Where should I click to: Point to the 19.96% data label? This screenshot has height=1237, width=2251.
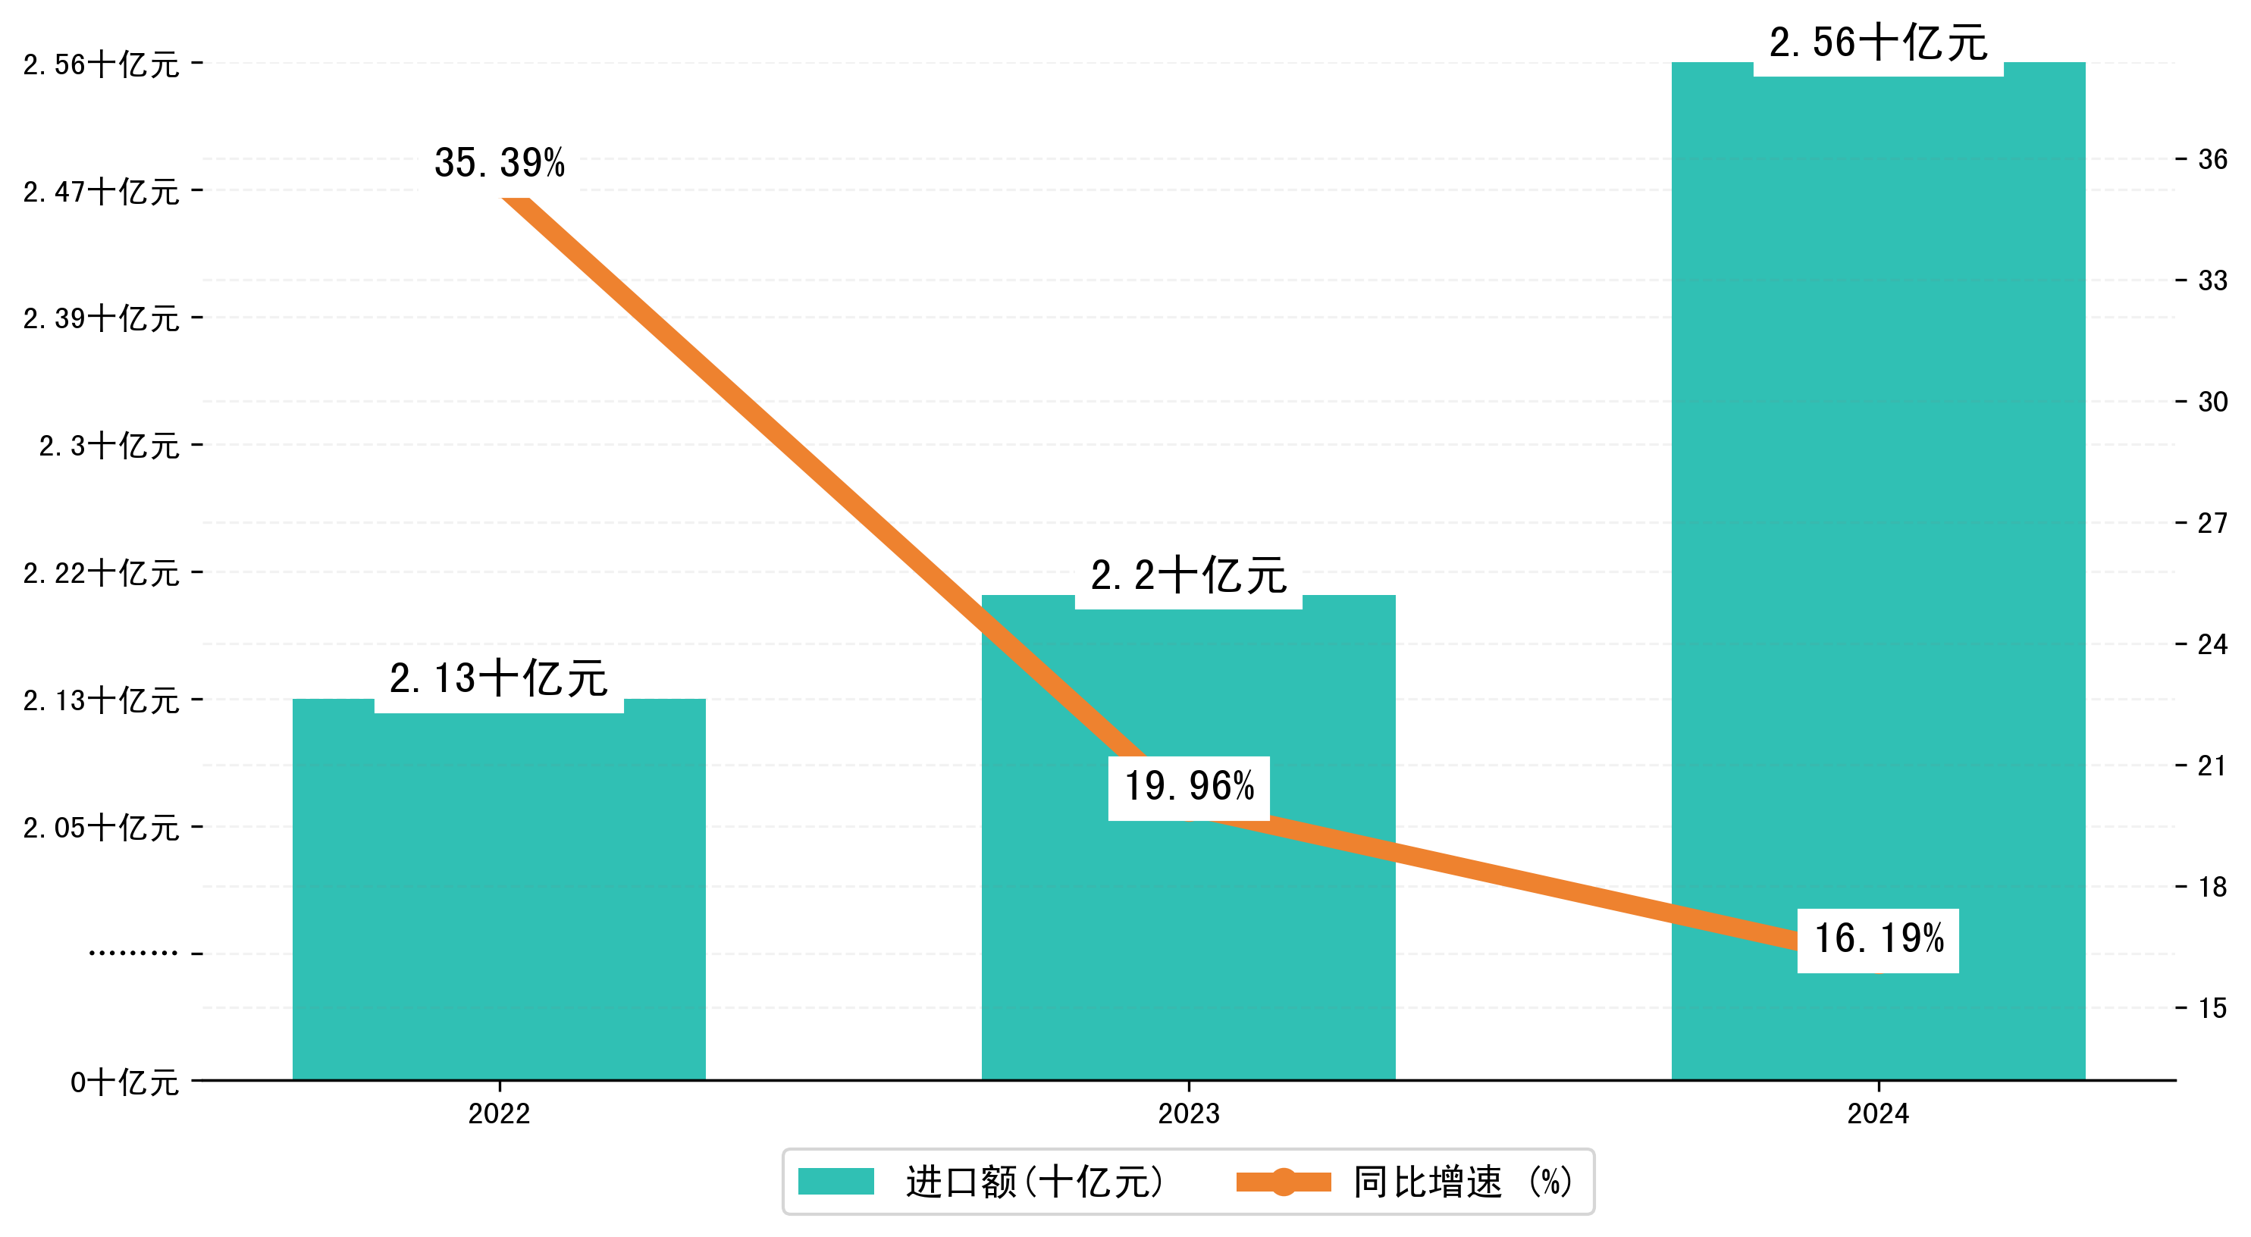coord(1188,787)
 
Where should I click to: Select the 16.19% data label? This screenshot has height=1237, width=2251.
coord(1878,940)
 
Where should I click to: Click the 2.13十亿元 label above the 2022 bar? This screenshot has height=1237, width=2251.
coord(498,679)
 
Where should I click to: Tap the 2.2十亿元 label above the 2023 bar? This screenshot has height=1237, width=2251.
coord(1187,577)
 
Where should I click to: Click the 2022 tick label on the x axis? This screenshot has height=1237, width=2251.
coord(499,1113)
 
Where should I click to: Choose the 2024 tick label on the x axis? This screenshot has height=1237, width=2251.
coord(1878,1113)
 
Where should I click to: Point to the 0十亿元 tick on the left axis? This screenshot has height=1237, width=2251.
coord(124,1082)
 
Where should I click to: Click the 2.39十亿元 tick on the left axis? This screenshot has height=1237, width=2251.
coord(102,319)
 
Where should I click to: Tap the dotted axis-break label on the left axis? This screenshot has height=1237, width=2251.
coord(133,953)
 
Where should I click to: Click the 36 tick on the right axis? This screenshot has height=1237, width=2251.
coord(2212,160)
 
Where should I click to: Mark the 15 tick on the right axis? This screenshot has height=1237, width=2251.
coord(2212,1009)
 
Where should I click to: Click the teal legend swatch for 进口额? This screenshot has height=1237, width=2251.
coord(836,1181)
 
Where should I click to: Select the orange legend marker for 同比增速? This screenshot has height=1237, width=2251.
coord(1283,1182)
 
